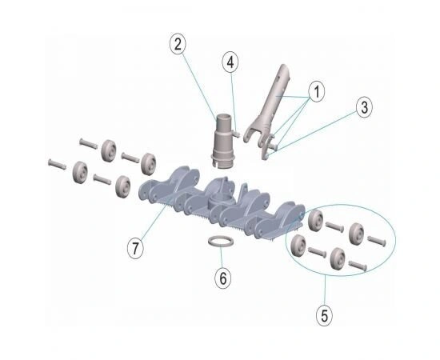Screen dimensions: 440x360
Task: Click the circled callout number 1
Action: click(317, 91)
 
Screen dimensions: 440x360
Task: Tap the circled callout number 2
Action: click(178, 44)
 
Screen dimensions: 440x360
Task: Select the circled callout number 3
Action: click(364, 107)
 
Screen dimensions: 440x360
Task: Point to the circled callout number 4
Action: click(230, 62)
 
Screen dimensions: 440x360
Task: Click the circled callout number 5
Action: click(324, 316)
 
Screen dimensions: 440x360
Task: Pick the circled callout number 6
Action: click(223, 278)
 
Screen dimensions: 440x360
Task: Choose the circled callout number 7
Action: click(135, 248)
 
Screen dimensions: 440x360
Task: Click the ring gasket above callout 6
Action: click(221, 242)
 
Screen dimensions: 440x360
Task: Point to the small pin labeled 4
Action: click(236, 134)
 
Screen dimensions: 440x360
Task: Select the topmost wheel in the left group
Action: click(109, 150)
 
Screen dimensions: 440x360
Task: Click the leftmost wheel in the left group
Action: click(80, 172)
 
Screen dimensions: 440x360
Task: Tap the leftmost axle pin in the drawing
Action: click(58, 164)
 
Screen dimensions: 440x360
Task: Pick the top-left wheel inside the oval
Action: click(316, 220)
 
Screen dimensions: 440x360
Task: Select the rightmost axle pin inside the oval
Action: click(377, 242)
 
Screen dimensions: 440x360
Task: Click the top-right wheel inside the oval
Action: click(356, 233)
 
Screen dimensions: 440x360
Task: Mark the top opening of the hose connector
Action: click(223, 117)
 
